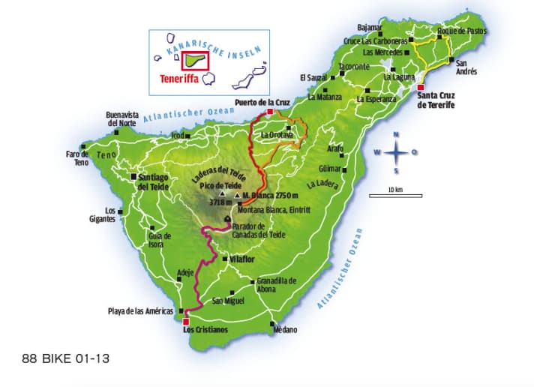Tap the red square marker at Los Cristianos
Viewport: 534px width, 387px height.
tap(186, 321)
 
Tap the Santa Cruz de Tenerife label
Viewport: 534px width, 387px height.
tap(435, 101)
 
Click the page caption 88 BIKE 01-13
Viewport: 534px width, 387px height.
tap(65, 358)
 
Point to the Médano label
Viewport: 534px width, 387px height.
tap(285, 330)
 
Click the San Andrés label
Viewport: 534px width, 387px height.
tap(466, 67)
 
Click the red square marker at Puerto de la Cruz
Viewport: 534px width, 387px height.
tap(271, 112)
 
